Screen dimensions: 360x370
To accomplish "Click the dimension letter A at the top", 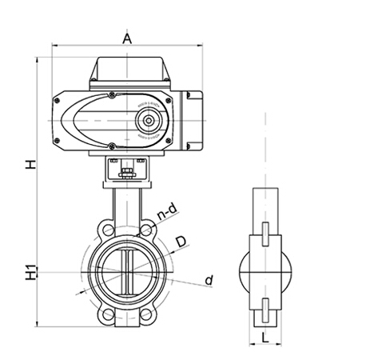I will (128, 38).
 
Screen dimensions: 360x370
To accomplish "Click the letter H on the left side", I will (30, 165).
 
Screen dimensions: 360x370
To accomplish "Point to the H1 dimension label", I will (30, 272).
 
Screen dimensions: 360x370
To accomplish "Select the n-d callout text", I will (166, 211).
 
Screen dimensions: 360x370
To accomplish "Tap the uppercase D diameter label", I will (181, 242).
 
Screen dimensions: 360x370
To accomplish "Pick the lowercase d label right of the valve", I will (209, 279).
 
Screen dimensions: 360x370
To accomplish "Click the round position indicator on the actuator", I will (147, 122).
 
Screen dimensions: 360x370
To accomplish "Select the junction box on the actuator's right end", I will (194, 120).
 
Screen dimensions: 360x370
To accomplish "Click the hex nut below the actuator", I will (126, 174).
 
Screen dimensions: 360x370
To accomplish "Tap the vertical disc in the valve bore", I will (126, 272).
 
